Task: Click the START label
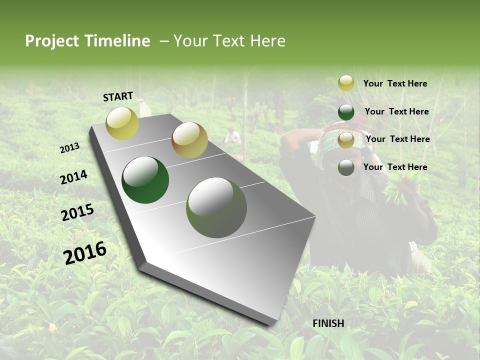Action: (x=118, y=96)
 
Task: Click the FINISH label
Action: (x=328, y=323)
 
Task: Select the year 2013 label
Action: (x=70, y=147)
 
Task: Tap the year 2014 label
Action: (x=74, y=177)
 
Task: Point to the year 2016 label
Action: (x=85, y=253)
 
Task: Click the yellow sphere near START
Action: (x=122, y=123)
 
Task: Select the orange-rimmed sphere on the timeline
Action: (x=189, y=140)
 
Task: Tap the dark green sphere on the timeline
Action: (x=145, y=180)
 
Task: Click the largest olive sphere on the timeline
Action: (x=216, y=207)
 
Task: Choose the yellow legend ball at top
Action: (x=346, y=83)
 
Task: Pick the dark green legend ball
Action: (x=346, y=112)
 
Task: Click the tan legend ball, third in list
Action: (x=346, y=140)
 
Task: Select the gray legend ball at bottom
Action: (x=346, y=167)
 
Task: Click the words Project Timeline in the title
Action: (x=87, y=41)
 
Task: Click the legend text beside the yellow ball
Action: (x=395, y=83)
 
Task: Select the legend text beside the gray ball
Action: (x=395, y=167)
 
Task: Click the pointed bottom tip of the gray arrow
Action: (x=272, y=324)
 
